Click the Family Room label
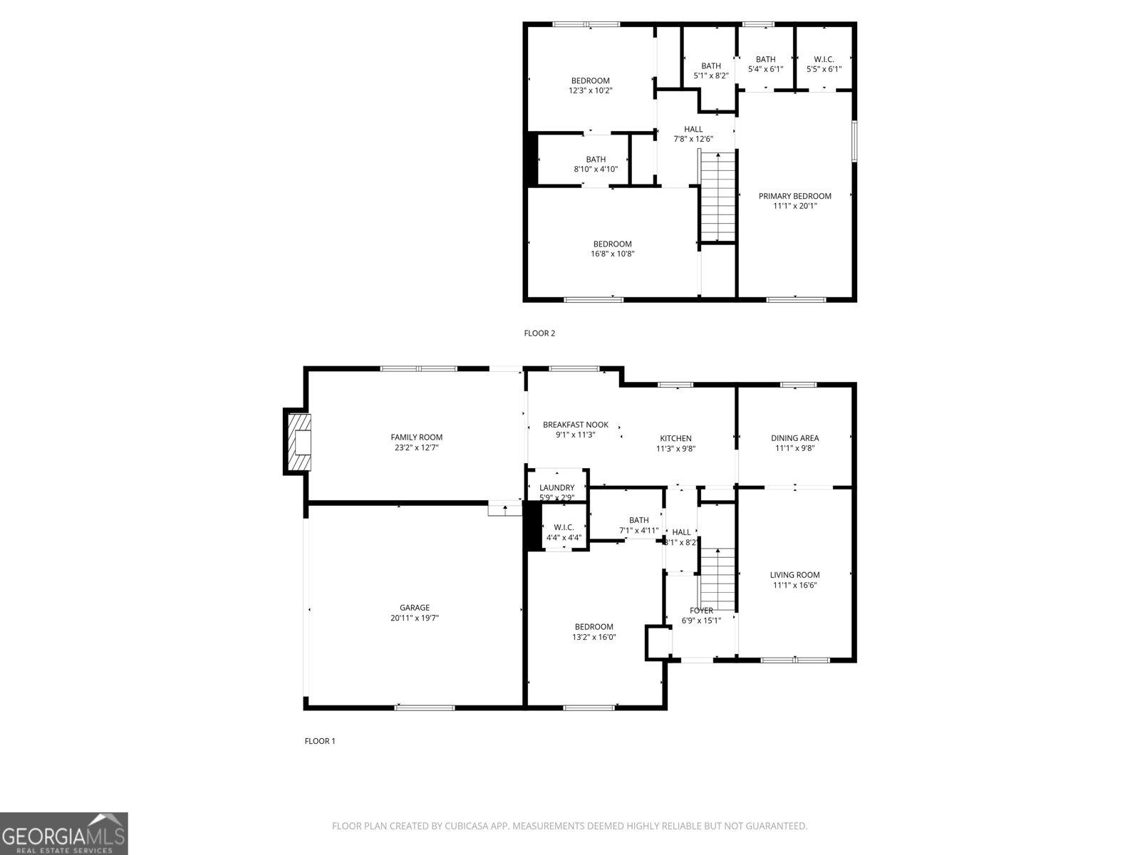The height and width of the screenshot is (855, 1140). coord(416,437)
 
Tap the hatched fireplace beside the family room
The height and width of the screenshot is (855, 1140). coord(299,442)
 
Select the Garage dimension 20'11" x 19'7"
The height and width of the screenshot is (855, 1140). coord(414,618)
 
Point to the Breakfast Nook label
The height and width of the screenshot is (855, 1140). coord(575,425)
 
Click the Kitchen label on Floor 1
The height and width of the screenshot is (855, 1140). coord(675,438)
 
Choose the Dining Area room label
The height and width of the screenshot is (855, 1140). coord(794,438)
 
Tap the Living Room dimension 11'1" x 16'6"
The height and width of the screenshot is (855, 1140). coord(794,585)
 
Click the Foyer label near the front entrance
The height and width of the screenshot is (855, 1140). coord(701,611)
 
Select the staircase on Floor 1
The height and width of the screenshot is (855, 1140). coord(717,579)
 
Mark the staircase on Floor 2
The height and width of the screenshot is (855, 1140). coord(717,197)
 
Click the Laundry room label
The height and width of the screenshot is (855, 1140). coord(556,488)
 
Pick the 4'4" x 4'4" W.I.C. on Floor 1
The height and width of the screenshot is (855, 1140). coord(564,532)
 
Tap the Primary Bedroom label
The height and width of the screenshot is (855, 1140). coord(794,196)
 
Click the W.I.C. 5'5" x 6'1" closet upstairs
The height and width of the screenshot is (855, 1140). coord(824,64)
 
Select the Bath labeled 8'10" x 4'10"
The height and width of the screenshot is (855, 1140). coord(596,164)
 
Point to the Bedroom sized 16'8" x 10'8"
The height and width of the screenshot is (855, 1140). coord(612,249)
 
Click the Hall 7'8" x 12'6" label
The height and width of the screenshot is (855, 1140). coord(693,134)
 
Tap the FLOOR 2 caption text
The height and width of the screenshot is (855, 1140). coord(539,333)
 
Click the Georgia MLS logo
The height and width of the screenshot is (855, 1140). coord(63,834)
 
